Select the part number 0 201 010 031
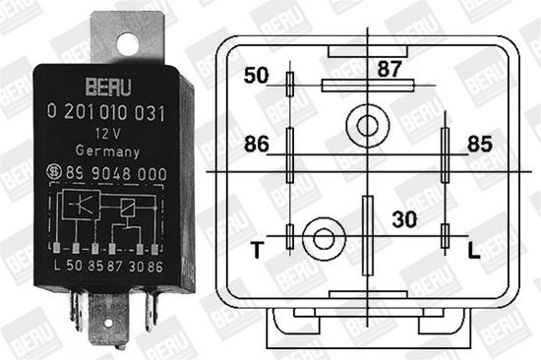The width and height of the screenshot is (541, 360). [x=105, y=115]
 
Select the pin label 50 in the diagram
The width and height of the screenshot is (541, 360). [x=256, y=76]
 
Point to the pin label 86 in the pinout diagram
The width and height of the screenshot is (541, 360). [x=256, y=145]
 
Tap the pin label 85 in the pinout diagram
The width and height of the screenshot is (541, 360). [x=479, y=145]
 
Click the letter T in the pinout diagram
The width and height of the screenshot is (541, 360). [x=257, y=251]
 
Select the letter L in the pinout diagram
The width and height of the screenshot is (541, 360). [x=473, y=251]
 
